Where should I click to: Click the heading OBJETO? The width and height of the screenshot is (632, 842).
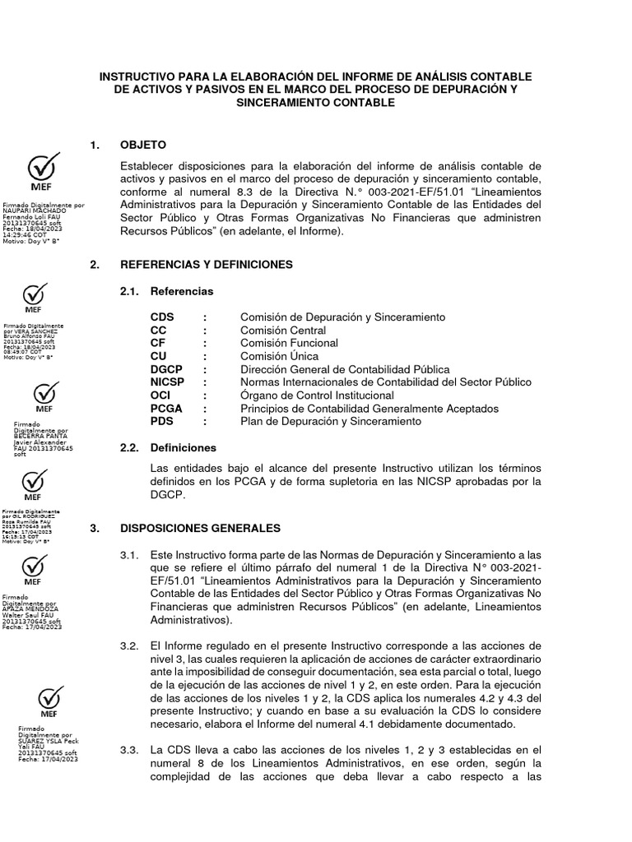click(x=143, y=146)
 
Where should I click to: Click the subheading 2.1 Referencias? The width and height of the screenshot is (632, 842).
click(x=181, y=291)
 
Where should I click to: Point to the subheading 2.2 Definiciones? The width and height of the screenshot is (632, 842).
click(x=183, y=448)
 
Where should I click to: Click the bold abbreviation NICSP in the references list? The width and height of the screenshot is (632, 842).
click(x=168, y=382)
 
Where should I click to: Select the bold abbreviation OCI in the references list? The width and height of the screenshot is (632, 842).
click(x=160, y=396)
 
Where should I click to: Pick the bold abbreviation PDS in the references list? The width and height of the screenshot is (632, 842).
click(x=161, y=422)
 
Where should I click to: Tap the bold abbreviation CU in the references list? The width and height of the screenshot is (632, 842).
click(x=159, y=356)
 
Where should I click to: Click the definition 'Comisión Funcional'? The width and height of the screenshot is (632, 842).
click(x=289, y=343)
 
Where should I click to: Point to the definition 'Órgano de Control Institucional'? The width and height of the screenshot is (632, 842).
click(x=317, y=396)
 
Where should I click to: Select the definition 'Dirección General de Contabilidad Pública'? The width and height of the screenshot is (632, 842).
click(x=345, y=369)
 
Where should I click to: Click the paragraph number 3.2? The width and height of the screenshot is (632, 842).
click(x=129, y=645)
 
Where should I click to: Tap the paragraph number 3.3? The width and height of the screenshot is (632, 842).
click(x=129, y=751)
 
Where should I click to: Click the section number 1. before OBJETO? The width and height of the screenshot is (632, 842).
click(x=96, y=146)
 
